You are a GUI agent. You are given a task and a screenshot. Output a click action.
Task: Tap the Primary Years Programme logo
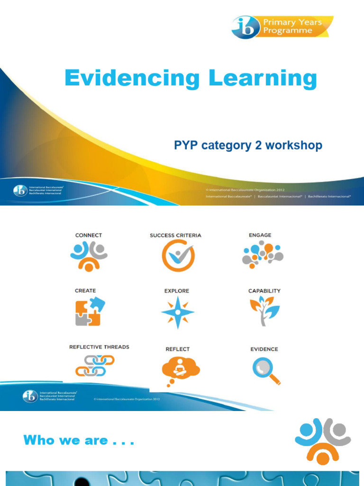pyautogui.click(x=282, y=27)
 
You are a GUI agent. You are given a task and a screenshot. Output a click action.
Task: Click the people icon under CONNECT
pyautogui.click(x=89, y=256)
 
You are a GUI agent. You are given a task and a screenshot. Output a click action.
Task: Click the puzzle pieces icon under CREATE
pyautogui.click(x=89, y=311)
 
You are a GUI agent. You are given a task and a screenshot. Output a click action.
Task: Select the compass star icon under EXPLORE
pyautogui.click(x=177, y=312)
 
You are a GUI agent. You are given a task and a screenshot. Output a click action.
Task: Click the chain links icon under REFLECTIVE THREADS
pyautogui.click(x=95, y=365)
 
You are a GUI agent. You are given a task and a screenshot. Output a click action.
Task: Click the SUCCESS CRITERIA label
pyautogui.click(x=175, y=235)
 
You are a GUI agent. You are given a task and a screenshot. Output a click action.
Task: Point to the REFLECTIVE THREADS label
pyautogui.click(x=99, y=347)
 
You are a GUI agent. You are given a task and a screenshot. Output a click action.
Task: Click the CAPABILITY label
pyautogui.click(x=264, y=290)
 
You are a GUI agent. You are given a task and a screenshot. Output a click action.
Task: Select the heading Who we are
pyautogui.click(x=79, y=440)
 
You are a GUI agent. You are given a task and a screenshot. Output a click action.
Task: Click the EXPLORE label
pyautogui.click(x=177, y=290)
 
